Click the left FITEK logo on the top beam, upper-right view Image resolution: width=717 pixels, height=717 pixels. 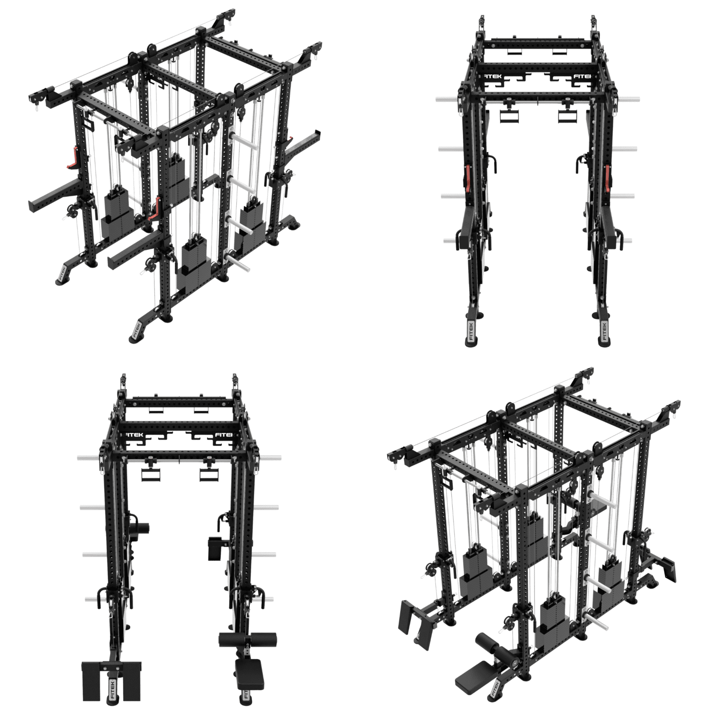point(494,76)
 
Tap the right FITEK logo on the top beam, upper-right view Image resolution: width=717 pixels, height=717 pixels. point(582,76)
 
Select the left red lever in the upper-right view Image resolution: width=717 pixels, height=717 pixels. point(467,179)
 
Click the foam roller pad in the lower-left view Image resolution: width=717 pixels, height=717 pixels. point(247,639)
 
